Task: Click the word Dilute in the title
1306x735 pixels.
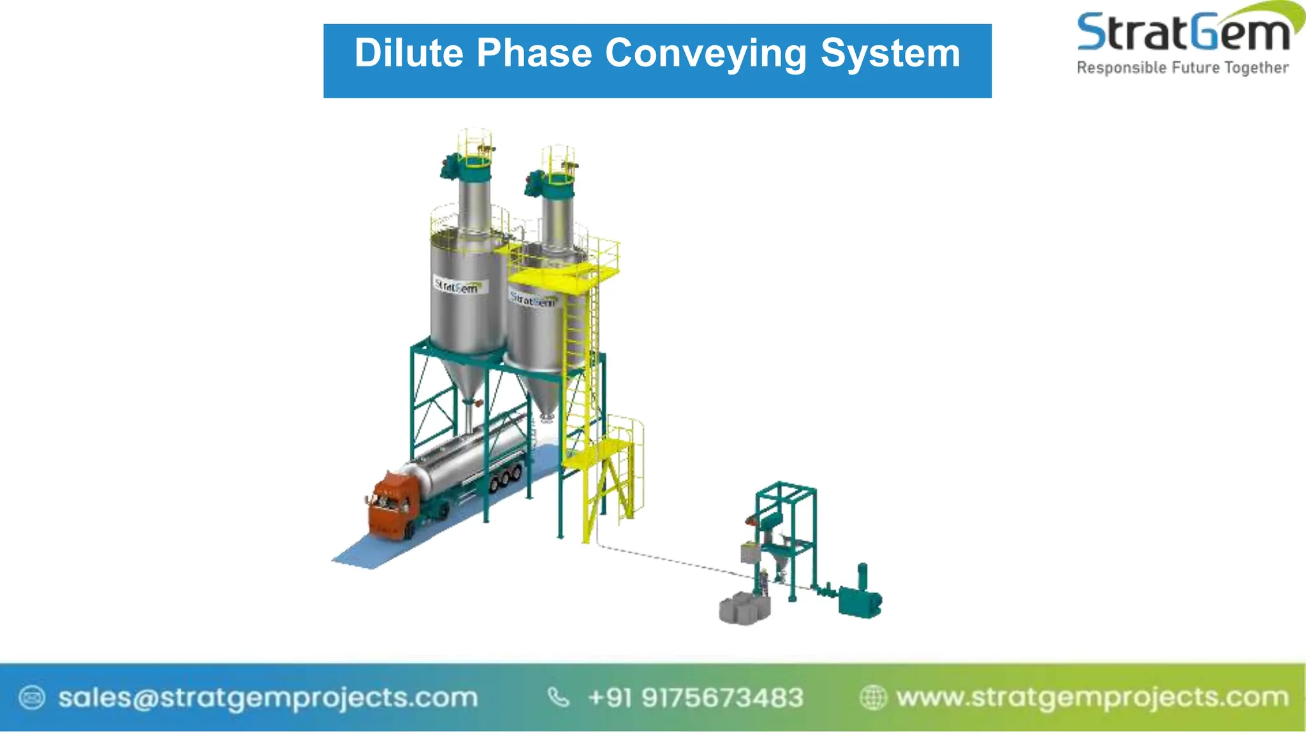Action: pyautogui.click(x=409, y=53)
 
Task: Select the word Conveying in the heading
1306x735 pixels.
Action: pyautogui.click(x=705, y=54)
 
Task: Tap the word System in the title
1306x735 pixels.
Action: pyautogui.click(x=890, y=54)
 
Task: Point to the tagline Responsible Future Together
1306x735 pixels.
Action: pyautogui.click(x=1182, y=68)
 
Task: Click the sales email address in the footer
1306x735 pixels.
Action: pyautogui.click(x=268, y=697)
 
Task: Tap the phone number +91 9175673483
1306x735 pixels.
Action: pyautogui.click(x=695, y=697)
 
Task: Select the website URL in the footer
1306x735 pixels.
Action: pyautogui.click(x=1092, y=697)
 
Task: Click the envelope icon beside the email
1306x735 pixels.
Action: pyautogui.click(x=32, y=697)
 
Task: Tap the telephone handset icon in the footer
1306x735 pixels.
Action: pyautogui.click(x=559, y=697)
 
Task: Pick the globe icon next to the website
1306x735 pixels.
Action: pyautogui.click(x=873, y=697)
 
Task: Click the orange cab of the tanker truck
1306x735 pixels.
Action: pyautogui.click(x=390, y=504)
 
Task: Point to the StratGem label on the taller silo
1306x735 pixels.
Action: pyautogui.click(x=457, y=286)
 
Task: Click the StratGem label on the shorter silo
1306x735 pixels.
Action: pyautogui.click(x=533, y=299)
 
